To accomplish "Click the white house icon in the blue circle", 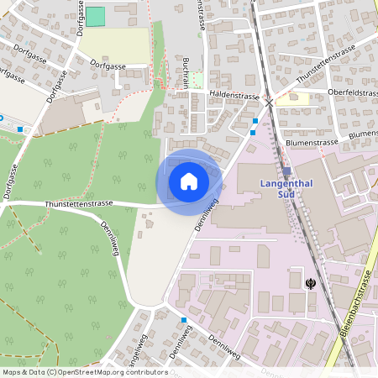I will pos(189,181).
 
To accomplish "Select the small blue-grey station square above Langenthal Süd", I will pos(286,171).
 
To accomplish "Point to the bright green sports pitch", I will pos(97,16).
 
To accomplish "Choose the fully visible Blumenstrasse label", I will pos(312,143).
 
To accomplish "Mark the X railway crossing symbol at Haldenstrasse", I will pos(268,102).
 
